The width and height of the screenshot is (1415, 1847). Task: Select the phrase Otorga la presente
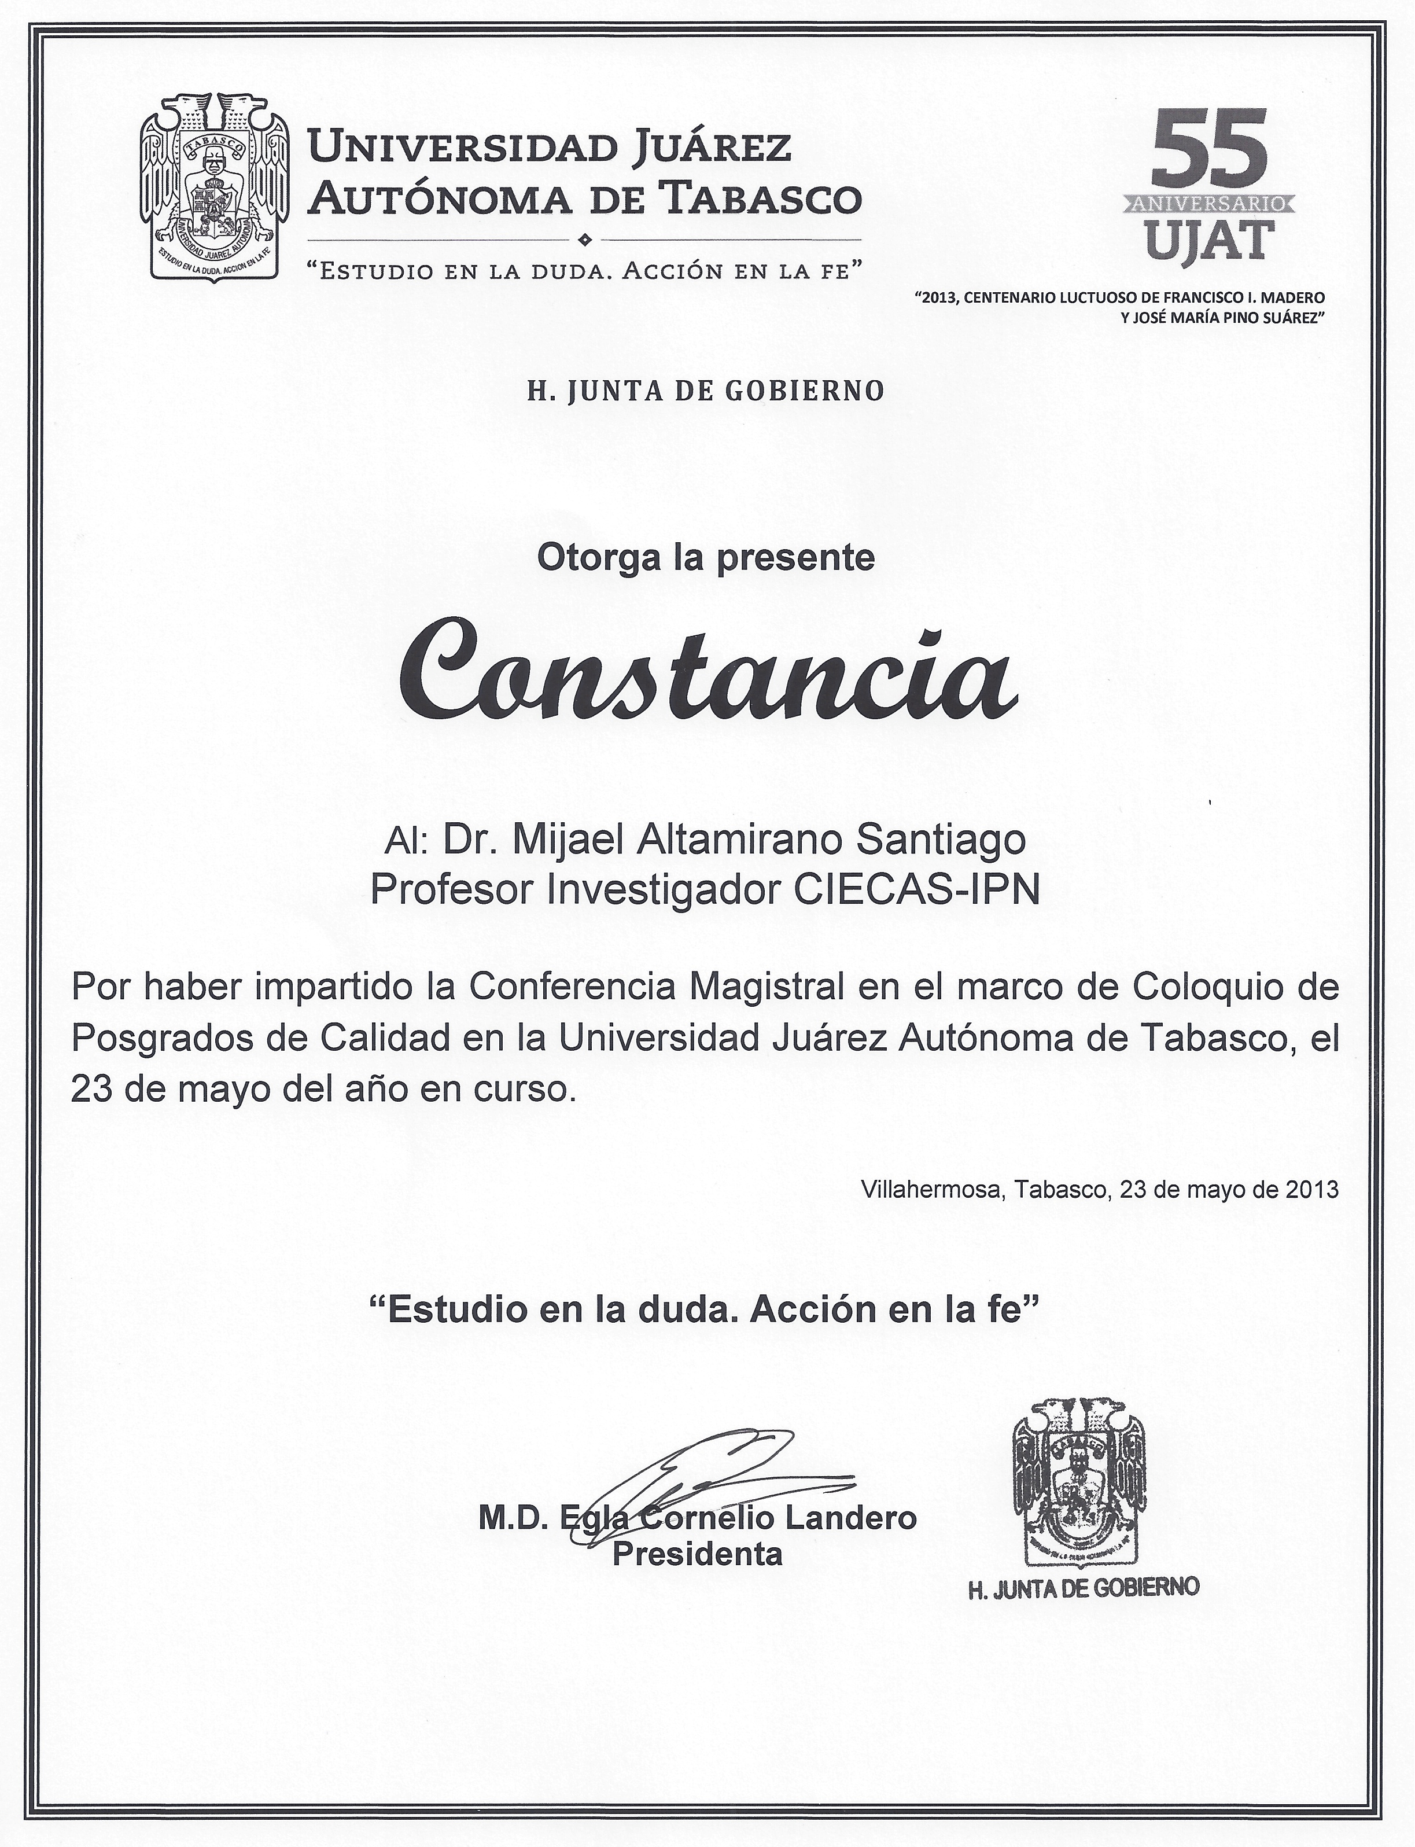(706, 558)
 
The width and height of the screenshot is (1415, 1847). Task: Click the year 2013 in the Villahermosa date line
(1312, 1190)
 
